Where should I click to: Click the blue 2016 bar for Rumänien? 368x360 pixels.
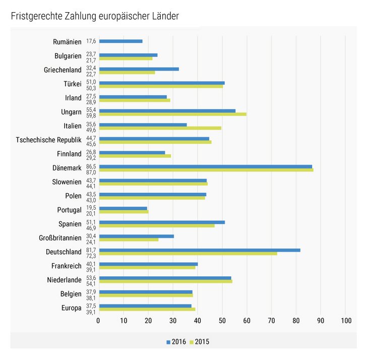point(120,41)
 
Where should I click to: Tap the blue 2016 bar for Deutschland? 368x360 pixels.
point(199,250)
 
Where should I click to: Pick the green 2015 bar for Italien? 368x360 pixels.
point(160,128)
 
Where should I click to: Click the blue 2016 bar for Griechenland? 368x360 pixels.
point(139,69)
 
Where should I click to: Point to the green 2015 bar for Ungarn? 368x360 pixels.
point(172,114)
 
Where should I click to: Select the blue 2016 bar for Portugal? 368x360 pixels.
point(123,208)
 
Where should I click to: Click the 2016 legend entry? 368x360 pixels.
point(176,341)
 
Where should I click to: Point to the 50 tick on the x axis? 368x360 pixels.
point(222,321)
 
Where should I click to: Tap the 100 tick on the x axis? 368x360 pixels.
point(346,321)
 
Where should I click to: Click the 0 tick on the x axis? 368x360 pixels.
point(98,321)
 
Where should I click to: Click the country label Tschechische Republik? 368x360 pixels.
point(48,140)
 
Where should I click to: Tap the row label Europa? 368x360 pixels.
point(70,308)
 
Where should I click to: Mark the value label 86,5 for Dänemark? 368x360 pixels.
point(91,166)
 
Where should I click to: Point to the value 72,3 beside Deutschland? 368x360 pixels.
point(91,256)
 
